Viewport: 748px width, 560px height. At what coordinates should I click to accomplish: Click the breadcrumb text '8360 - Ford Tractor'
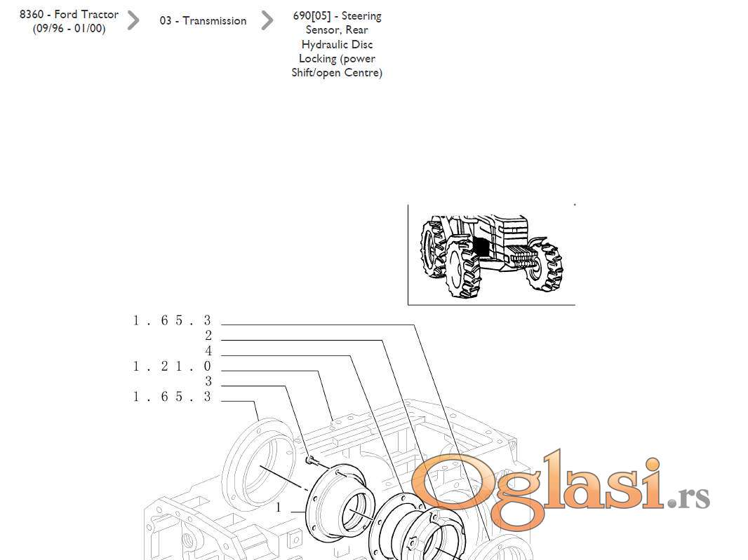69,14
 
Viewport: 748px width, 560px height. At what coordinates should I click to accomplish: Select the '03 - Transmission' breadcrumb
203,20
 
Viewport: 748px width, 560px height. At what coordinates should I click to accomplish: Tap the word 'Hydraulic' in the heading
337,44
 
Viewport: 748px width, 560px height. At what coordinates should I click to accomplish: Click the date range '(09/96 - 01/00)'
69,29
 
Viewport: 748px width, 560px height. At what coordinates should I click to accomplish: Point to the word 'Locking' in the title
317,59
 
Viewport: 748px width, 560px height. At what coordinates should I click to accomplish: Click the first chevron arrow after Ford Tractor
133,20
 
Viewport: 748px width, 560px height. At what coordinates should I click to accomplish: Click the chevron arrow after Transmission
267,20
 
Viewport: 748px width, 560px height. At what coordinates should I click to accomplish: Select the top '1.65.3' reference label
172,320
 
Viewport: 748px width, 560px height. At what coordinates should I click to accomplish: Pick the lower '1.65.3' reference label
172,397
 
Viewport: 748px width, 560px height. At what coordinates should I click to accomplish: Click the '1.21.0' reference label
172,366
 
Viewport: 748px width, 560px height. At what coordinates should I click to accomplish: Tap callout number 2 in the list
208,336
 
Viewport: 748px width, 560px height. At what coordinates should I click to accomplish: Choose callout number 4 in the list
208,350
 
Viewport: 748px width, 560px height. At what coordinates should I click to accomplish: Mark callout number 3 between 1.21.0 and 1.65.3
208,381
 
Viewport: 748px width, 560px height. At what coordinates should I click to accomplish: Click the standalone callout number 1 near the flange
279,507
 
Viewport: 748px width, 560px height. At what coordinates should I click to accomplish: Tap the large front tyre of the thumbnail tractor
462,268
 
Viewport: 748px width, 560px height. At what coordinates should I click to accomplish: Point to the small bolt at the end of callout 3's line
310,460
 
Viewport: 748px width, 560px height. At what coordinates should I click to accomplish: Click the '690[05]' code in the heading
312,15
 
